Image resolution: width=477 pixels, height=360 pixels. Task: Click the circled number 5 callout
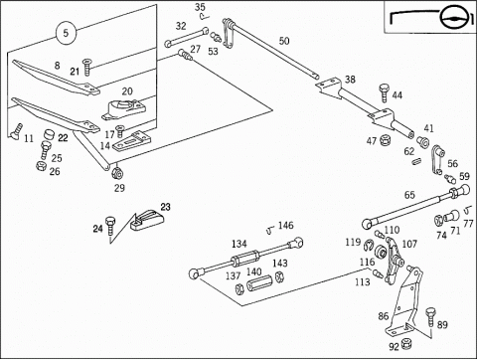tap(66, 33)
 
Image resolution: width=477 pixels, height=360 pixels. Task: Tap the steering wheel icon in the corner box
tap(455, 17)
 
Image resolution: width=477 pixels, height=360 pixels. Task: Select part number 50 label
tap(284, 41)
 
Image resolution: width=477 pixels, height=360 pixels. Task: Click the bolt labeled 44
tap(384, 92)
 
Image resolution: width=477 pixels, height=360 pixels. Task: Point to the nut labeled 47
tap(385, 140)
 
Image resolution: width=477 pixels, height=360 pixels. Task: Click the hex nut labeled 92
tap(406, 343)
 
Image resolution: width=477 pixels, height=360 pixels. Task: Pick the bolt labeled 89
tap(430, 316)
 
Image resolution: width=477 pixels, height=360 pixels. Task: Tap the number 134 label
tap(238, 244)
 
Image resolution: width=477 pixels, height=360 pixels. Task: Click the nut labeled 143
tap(280, 276)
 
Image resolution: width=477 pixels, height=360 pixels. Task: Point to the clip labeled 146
tap(271, 230)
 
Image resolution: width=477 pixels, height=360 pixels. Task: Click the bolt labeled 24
tap(109, 225)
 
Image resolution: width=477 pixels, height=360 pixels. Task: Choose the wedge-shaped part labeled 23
tap(147, 220)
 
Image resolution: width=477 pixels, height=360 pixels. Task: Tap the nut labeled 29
tap(116, 173)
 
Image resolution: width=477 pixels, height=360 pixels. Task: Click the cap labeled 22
tap(49, 135)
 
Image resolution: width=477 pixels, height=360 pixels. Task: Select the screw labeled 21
tap(87, 67)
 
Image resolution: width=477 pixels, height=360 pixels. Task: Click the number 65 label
tap(409, 195)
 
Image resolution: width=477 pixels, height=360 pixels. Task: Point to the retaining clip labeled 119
tap(369, 245)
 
